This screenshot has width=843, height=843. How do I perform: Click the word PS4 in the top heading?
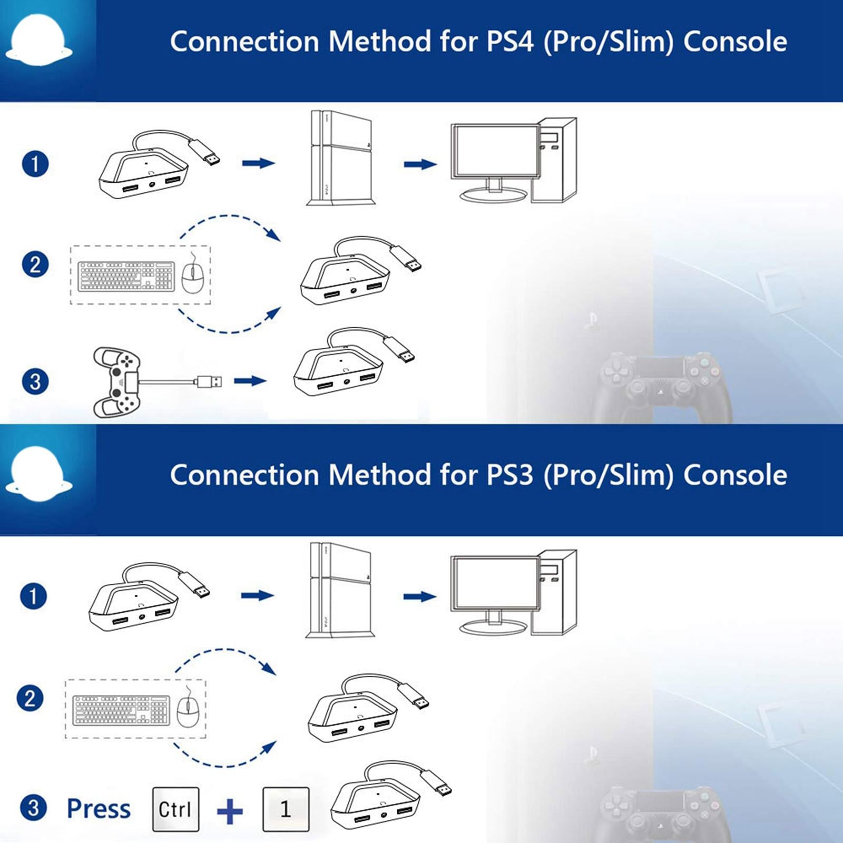click(510, 42)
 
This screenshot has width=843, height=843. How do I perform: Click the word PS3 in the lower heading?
click(510, 475)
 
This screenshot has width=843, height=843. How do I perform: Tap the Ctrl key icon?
click(175, 809)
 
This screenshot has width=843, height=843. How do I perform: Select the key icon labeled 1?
click(286, 809)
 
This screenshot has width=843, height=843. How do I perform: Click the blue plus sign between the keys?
click(230, 811)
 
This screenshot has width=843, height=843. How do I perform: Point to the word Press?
click(99, 809)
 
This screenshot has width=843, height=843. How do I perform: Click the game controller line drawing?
click(117, 381)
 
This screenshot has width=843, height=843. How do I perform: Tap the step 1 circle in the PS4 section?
click(35, 164)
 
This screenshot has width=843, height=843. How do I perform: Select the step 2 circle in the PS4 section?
click(35, 264)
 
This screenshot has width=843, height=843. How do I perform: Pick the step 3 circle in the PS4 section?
click(35, 381)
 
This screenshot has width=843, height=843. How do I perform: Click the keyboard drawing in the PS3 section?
click(121, 710)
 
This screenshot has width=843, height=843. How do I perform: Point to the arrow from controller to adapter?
click(250, 381)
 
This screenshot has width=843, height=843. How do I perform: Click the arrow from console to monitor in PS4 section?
click(420, 164)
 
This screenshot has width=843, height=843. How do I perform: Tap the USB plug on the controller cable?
click(209, 381)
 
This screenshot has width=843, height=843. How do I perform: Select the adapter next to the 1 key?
click(385, 803)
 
